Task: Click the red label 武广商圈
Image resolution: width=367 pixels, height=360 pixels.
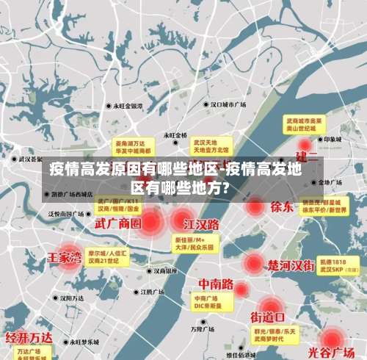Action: pyautogui.click(x=117, y=222)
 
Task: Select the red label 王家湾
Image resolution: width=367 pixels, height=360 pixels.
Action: pyautogui.click(x=65, y=258)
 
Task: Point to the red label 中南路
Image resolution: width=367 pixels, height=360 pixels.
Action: pyautogui.click(x=217, y=283)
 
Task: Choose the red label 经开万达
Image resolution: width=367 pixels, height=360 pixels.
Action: pyautogui.click(x=29, y=337)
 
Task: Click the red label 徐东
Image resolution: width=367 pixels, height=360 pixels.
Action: pyautogui.click(x=282, y=206)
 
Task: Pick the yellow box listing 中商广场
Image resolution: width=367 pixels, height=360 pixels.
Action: pyautogui.click(x=210, y=301)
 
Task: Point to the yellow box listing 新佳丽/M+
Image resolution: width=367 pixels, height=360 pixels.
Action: pyautogui.click(x=194, y=243)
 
